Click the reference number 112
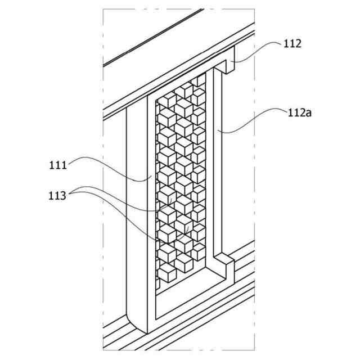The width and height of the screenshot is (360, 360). [x=292, y=43]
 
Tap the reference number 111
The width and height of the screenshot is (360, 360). [x=58, y=165]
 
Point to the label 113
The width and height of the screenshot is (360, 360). [x=57, y=196]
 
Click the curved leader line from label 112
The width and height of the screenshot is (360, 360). [x=259, y=49]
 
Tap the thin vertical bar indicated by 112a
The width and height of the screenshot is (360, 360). [x=217, y=163]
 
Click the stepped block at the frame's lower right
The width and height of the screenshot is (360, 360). [x=224, y=267]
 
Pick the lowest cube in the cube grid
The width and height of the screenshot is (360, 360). [x=167, y=274]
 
